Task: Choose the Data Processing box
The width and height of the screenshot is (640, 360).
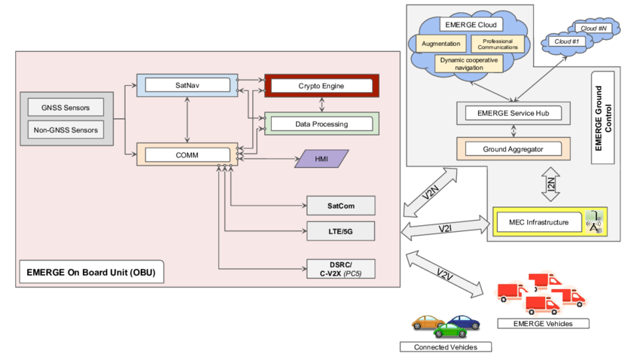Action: pyautogui.click(x=320, y=123)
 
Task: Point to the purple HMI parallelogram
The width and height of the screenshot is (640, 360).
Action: pyautogui.click(x=320, y=159)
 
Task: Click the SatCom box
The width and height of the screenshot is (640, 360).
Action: pyautogui.click(x=340, y=206)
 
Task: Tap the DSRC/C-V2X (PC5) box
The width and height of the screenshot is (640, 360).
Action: pyautogui.click(x=340, y=268)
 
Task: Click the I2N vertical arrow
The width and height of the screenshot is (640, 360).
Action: pyautogui.click(x=550, y=183)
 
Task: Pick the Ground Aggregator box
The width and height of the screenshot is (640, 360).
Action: pyautogui.click(x=514, y=148)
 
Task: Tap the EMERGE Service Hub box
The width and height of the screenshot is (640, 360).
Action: pyautogui.click(x=514, y=114)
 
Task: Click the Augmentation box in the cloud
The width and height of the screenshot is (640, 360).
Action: pyautogui.click(x=442, y=44)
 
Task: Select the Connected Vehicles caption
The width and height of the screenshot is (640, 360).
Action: pyautogui.click(x=445, y=346)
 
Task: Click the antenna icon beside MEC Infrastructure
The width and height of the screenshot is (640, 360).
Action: pyautogui.click(x=595, y=221)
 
